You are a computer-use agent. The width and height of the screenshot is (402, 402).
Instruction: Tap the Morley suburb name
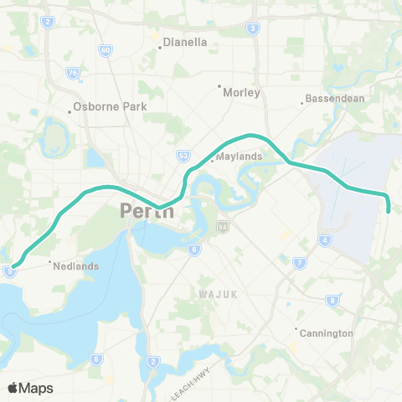tap(243, 93)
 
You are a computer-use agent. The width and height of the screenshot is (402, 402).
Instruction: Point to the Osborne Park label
tap(110, 106)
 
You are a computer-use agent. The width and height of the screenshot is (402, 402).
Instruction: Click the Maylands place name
tap(239, 157)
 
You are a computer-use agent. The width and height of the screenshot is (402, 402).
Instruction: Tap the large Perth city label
tap(147, 210)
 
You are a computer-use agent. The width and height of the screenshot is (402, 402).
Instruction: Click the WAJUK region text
tap(219, 295)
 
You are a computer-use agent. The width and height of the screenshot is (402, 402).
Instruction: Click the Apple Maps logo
tap(30, 388)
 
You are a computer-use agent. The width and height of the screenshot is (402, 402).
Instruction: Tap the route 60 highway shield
tap(105, 50)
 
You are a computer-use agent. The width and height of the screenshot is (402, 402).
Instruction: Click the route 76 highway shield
tap(73, 73)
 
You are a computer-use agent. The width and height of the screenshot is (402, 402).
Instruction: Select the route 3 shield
tap(253, 28)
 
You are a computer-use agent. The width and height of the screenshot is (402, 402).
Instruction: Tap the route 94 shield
tap(223, 226)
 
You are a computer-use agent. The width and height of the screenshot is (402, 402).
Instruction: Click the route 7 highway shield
tap(300, 264)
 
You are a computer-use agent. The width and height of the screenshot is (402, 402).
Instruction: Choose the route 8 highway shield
tap(332, 300)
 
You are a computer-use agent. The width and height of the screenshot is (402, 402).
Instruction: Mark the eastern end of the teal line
tap(389, 211)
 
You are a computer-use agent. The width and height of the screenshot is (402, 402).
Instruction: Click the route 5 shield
tap(9, 271)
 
